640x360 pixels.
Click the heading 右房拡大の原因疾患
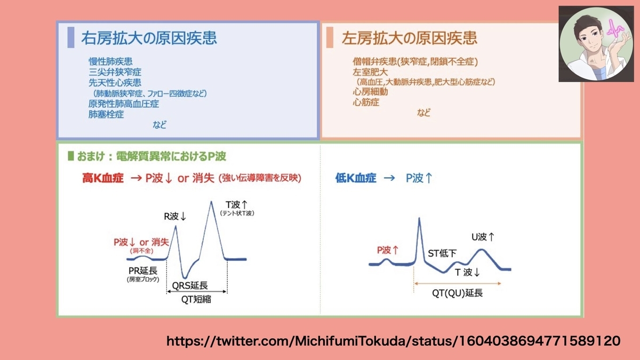149,38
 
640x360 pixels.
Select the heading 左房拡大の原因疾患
409,38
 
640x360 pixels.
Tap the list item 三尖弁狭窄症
115,72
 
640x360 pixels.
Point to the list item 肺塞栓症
106,114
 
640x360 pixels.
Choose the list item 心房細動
370,92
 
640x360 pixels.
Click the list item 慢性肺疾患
110,61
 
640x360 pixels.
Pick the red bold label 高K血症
103,178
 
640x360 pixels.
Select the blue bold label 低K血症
356,178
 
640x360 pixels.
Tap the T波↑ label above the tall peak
236,205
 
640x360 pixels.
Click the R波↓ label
175,217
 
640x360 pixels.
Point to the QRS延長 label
190,285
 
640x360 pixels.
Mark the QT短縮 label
196,299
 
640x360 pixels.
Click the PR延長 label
143,270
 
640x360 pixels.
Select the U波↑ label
483,237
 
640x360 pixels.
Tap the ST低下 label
442,253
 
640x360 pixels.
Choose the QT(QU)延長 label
457,293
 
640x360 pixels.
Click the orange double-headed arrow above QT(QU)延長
458,283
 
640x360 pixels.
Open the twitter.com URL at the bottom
393,341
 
